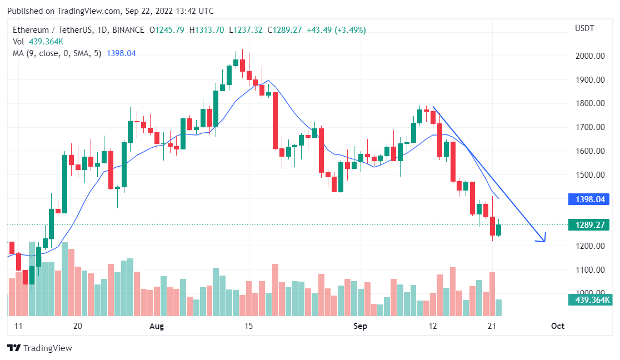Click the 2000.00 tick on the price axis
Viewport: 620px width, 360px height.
pos(589,56)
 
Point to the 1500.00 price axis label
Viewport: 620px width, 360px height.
pos(589,174)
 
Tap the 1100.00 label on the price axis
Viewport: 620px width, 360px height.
pos(589,269)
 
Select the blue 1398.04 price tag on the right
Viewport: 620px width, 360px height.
pos(589,199)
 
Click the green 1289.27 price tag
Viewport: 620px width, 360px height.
pos(589,225)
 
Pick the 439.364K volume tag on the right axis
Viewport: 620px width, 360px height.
pos(589,300)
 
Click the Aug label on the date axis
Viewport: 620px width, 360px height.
pos(157,326)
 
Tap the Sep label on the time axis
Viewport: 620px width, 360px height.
pos(360,326)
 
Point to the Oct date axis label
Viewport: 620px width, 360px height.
pos(557,326)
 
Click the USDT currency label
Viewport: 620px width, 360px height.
pos(584,28)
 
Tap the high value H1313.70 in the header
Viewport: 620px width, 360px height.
pos(207,30)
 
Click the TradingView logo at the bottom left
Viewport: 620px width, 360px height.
pos(39,348)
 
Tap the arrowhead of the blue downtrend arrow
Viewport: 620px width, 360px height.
pos(543,239)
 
